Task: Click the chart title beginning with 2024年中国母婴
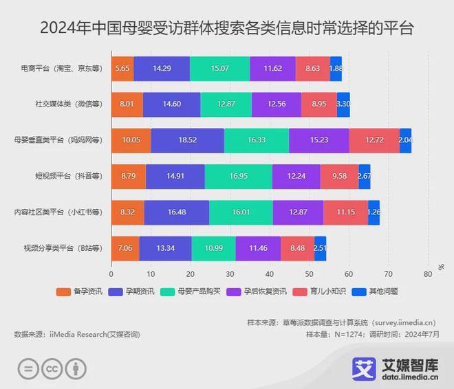pyautogui.click(x=227, y=28)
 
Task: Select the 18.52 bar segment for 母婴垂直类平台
pyautogui.click(x=187, y=140)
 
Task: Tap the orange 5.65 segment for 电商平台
pyautogui.click(x=122, y=69)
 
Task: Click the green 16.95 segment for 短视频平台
pyautogui.click(x=238, y=176)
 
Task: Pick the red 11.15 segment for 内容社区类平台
pyautogui.click(x=345, y=212)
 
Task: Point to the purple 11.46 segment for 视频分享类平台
pyautogui.click(x=258, y=247)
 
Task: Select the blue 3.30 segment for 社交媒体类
pyautogui.click(x=343, y=104)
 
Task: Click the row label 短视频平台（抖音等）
pyautogui.click(x=67, y=176)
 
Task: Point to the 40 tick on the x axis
pyautogui.click(x=270, y=274)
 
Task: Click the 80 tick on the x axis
pyautogui.click(x=428, y=274)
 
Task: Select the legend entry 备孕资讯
pyautogui.click(x=79, y=291)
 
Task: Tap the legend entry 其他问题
pyautogui.click(x=374, y=291)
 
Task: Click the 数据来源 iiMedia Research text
pyautogui.click(x=76, y=334)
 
